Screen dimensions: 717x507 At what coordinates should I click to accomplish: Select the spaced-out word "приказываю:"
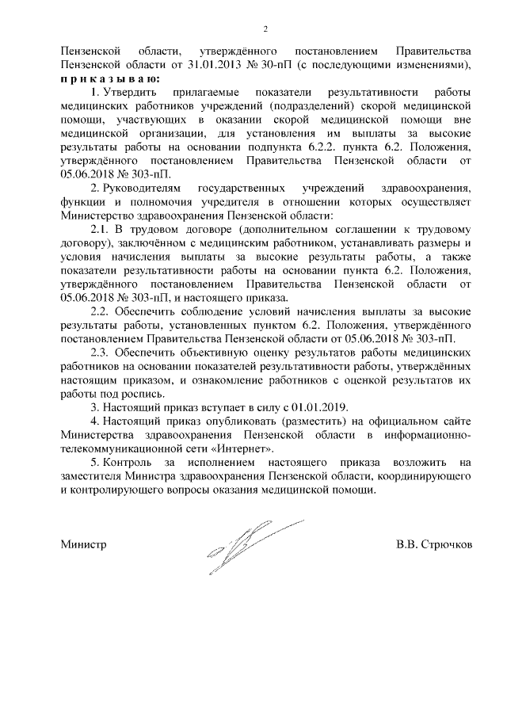click(x=111, y=80)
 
